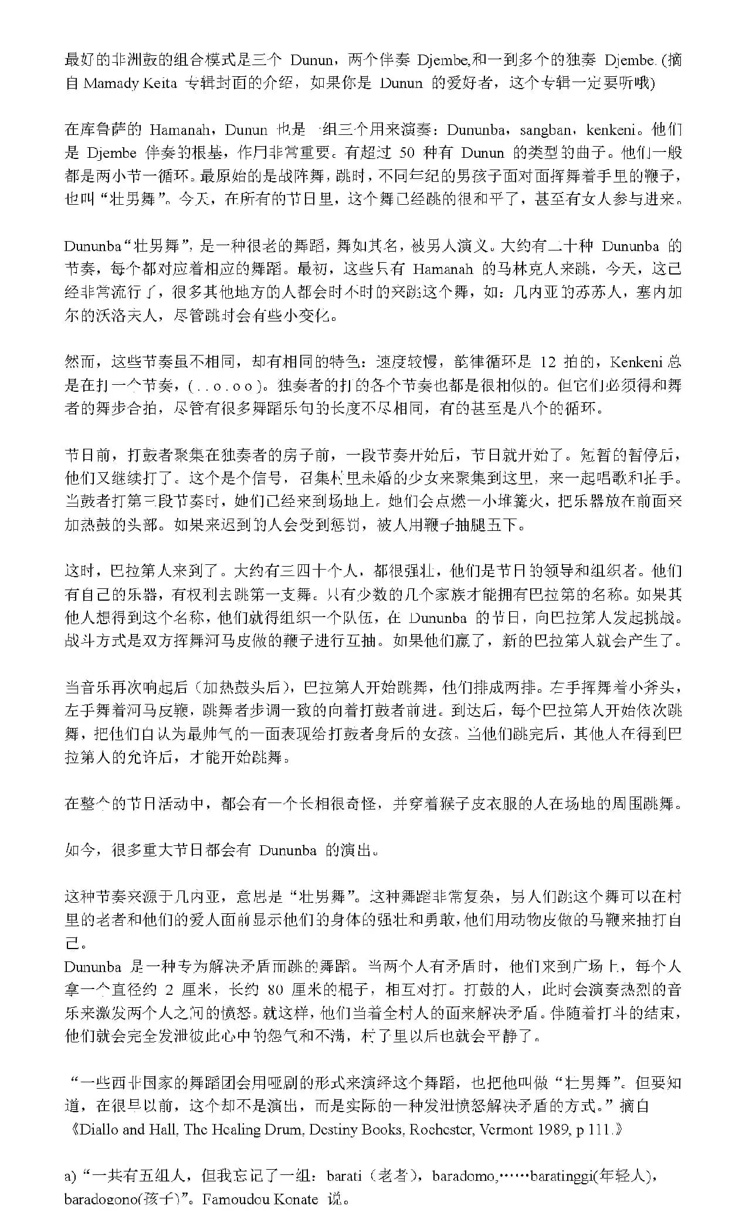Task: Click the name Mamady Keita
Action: [130, 83]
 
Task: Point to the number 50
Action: [407, 153]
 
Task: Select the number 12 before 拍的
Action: [548, 362]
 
